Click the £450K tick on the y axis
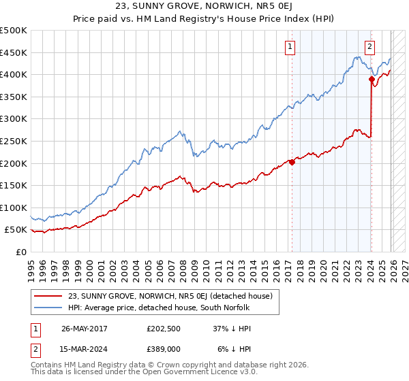tap(14, 52)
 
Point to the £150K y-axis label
tap(14, 185)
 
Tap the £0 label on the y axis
tap(20, 252)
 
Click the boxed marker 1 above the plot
tap(290, 47)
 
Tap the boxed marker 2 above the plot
tap(369, 47)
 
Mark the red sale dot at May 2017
tap(292, 162)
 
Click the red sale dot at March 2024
tap(372, 80)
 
